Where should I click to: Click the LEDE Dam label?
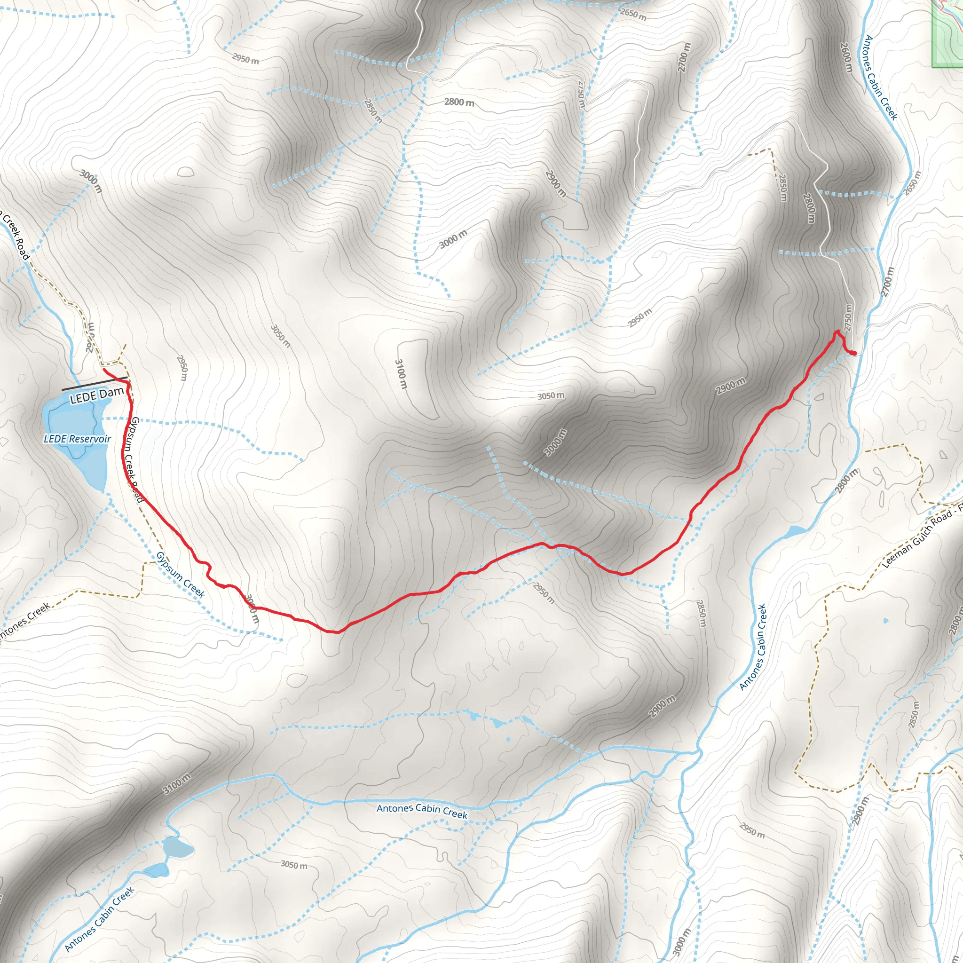tap(97, 396)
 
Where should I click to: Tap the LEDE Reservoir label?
tap(77, 439)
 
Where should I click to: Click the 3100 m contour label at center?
tap(401, 374)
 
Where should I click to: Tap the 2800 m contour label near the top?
tap(459, 102)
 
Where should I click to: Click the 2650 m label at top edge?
tap(633, 14)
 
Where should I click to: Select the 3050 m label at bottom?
tap(293, 865)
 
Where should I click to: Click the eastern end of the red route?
tap(854, 354)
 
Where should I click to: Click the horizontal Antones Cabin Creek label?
tap(422, 811)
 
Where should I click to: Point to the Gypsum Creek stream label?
tap(181, 575)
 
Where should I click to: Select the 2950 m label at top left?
tap(245, 59)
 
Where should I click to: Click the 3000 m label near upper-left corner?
tap(91, 181)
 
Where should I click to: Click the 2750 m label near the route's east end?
tap(848, 317)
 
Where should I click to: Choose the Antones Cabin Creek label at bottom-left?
tap(100, 920)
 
